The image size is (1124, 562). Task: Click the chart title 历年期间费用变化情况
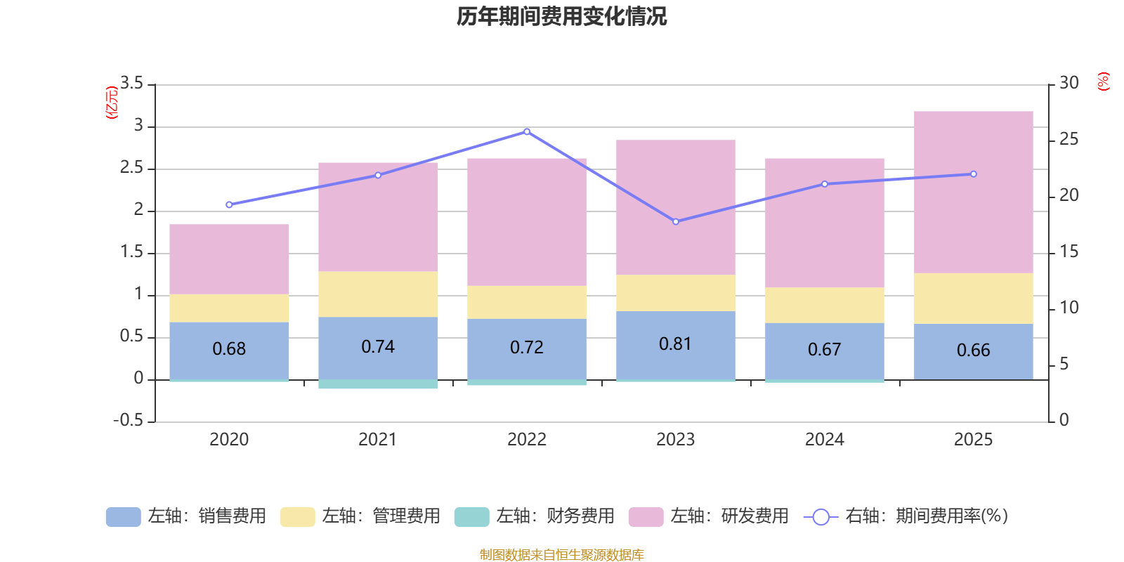coord(561,17)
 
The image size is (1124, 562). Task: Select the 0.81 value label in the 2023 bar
coord(675,344)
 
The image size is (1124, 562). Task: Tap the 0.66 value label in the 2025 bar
coord(973,350)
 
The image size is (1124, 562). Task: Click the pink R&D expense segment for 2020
coord(229,259)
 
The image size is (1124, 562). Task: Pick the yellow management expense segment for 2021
coord(378,294)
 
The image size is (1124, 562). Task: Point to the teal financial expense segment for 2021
coord(378,384)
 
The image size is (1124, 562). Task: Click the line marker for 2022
coord(527,131)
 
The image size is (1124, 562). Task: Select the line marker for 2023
coord(676,222)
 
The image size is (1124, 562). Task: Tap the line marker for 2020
coord(229,205)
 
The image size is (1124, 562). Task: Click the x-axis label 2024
coord(824,440)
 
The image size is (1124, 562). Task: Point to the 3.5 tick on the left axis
coord(131,84)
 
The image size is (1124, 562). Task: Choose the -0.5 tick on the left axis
coord(128,420)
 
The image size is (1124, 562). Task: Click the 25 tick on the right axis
coord(1069,139)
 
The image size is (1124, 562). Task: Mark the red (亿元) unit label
coord(111,103)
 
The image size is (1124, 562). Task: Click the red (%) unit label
coord(1103,81)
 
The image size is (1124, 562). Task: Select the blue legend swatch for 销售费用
coord(123,517)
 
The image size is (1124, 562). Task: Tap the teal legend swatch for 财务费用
coord(471,517)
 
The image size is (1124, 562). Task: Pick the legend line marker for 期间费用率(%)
coord(821,517)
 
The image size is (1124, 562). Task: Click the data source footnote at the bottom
coord(561,555)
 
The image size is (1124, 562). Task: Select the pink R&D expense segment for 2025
coord(973,191)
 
